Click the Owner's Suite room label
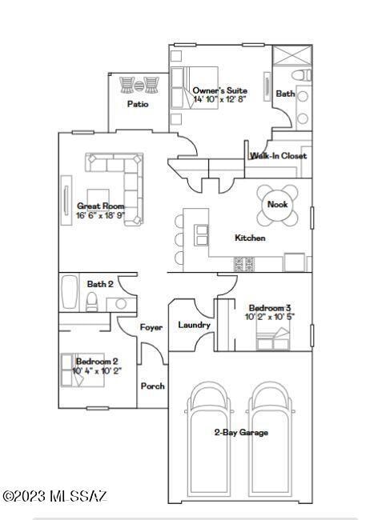219,90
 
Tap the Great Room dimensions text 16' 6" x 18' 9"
100,215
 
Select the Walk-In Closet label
278,156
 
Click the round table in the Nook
277,205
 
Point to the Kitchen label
249,238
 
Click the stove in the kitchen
244,263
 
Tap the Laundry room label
194,325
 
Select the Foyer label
151,327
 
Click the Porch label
152,386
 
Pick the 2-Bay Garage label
240,432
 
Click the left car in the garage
209,436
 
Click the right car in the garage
272,436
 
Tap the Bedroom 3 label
270,308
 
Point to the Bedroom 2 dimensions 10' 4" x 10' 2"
97,370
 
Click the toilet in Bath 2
92,301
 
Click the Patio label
138,104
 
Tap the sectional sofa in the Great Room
120,184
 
